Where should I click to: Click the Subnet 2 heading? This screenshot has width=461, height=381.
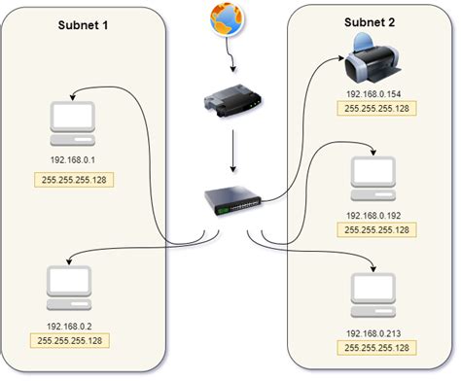(x=372, y=21)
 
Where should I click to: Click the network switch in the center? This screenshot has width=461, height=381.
(x=231, y=202)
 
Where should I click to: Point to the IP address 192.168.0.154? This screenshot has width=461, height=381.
(x=373, y=95)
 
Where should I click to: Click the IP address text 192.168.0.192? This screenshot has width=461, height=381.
(x=374, y=215)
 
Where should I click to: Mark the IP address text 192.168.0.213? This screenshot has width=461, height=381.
(x=374, y=332)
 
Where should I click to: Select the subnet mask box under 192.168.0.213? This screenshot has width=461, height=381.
(x=374, y=347)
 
